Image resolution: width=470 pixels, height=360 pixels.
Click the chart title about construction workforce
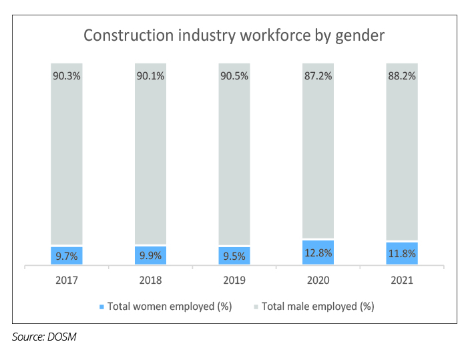pyautogui.click(x=234, y=35)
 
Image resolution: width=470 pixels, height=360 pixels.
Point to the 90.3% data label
pyautogui.click(x=67, y=76)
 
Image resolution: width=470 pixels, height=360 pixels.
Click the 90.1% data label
pyautogui.click(x=150, y=76)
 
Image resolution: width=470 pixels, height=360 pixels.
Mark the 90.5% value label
pyautogui.click(x=234, y=76)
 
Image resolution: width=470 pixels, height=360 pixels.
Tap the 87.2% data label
pyautogui.click(x=318, y=76)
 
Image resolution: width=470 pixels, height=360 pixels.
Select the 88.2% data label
pyautogui.click(x=401, y=76)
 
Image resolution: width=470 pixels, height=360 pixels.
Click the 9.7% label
pyautogui.click(x=67, y=256)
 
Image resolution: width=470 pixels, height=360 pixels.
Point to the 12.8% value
pyautogui.click(x=318, y=253)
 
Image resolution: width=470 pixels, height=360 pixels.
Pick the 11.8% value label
pyautogui.click(x=401, y=254)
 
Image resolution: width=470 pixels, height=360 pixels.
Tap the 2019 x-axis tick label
pyautogui.click(x=234, y=281)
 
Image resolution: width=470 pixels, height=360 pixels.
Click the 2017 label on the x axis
pyautogui.click(x=67, y=281)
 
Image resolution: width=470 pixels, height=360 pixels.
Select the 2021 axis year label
pyautogui.click(x=401, y=281)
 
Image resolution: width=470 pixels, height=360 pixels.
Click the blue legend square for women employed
pyautogui.click(x=101, y=307)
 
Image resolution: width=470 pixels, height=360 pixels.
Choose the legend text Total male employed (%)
pyautogui.click(x=318, y=307)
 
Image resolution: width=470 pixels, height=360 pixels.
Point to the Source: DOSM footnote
pyautogui.click(x=45, y=337)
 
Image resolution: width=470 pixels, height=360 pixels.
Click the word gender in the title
pyautogui.click(x=359, y=36)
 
